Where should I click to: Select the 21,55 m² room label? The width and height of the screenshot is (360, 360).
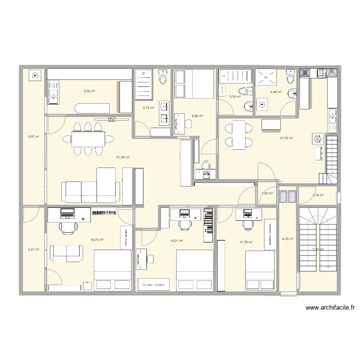point(287,138)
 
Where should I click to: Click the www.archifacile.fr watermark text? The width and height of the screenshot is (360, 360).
point(328,309)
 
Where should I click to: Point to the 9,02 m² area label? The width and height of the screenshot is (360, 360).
point(89,91)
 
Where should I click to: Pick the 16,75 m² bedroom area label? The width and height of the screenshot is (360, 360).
point(97,240)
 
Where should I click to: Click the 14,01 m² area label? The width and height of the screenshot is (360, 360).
point(177,240)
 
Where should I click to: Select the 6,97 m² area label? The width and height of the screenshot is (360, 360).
point(34,137)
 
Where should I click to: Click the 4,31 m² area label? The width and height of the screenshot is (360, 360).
point(33,249)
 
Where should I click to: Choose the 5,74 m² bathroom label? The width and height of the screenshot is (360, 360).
point(148,108)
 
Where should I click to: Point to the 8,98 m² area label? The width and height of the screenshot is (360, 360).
point(197,116)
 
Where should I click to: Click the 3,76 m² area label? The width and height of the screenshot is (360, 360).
point(235,96)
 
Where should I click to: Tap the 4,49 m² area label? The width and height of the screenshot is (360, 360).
point(276,92)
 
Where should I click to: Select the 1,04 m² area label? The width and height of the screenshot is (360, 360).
point(267,193)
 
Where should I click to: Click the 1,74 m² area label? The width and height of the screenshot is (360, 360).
point(318,195)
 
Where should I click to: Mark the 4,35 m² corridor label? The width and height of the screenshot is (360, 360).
point(288,239)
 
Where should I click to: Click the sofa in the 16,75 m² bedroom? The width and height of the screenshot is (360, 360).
point(67,253)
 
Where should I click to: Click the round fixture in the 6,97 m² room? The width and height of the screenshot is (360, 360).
point(35,75)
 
